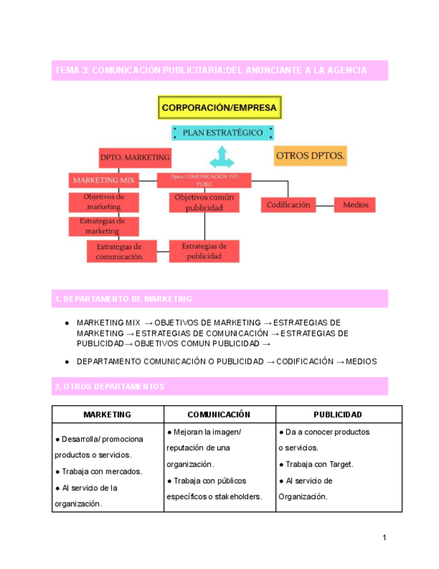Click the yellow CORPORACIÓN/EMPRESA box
pyautogui.click(x=220, y=107)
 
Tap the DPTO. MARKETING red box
pyautogui.click(x=135, y=158)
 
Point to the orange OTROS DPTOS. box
pyautogui.click(x=310, y=157)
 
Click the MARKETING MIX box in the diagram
pyautogui.click(x=103, y=180)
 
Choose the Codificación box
pyautogui.click(x=288, y=205)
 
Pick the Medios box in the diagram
pyautogui.click(x=355, y=205)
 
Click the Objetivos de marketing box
pyautogui.click(x=104, y=202)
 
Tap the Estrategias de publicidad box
pyautogui.click(x=204, y=251)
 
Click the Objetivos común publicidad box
pyautogui.click(x=204, y=203)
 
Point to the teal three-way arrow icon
pyautogui.click(x=221, y=158)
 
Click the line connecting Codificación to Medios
pyautogui.click(x=325, y=205)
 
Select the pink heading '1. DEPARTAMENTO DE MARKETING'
pyautogui.click(x=220, y=299)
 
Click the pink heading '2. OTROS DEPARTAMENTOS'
pyautogui.click(x=220, y=386)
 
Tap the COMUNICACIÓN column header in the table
pyautogui.click(x=218, y=415)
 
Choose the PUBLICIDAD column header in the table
pyautogui.click(x=338, y=415)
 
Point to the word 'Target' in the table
pyautogui.click(x=339, y=464)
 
